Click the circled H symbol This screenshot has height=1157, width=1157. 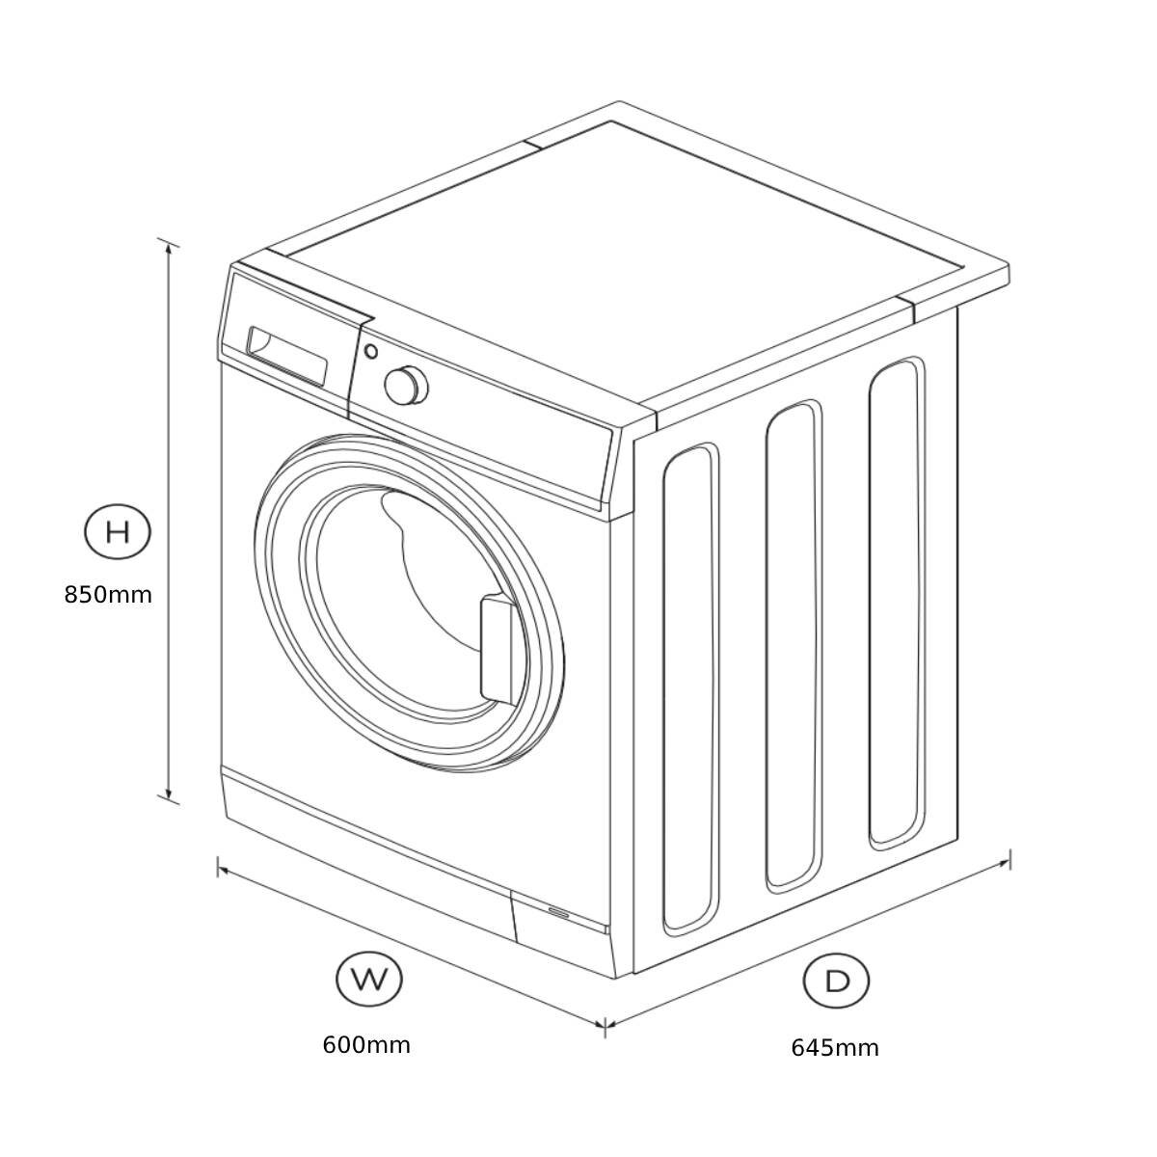coord(118,531)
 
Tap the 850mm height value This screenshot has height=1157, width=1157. coord(108,595)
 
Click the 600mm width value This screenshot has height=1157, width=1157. coord(366,1044)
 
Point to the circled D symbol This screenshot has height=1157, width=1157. coord(837,981)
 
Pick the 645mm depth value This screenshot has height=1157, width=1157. coord(835,1047)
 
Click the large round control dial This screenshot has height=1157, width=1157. coord(405,385)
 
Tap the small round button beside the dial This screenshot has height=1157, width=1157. coord(371,352)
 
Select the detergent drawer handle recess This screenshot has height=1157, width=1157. coord(286,356)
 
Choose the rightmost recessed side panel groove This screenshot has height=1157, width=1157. coord(897,603)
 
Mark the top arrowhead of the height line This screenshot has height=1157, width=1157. coord(170,246)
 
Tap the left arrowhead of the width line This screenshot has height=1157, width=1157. coord(223,870)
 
